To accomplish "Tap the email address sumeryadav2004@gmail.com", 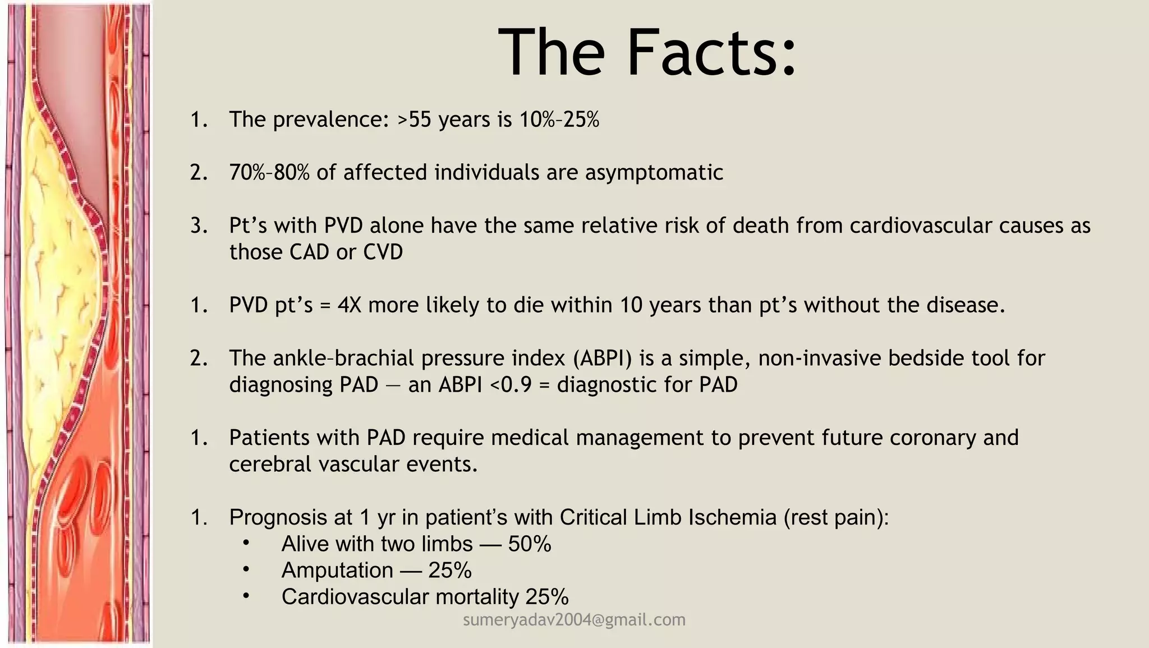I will (x=574, y=619).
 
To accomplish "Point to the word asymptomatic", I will (x=654, y=172).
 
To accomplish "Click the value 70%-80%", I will (x=269, y=172).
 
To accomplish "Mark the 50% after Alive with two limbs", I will (x=530, y=544).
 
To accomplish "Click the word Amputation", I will (x=337, y=570).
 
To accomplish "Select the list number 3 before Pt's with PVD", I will (x=199, y=226).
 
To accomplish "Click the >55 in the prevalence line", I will (x=415, y=120).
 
